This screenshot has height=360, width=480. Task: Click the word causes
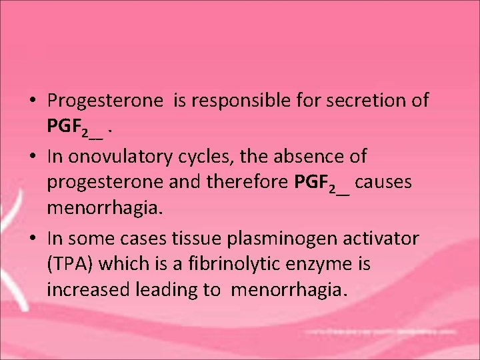(x=383, y=182)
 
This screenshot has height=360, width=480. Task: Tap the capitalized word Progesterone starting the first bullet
(x=105, y=101)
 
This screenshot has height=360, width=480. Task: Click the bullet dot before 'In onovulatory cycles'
(x=33, y=157)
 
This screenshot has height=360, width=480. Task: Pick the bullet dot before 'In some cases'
(x=33, y=238)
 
